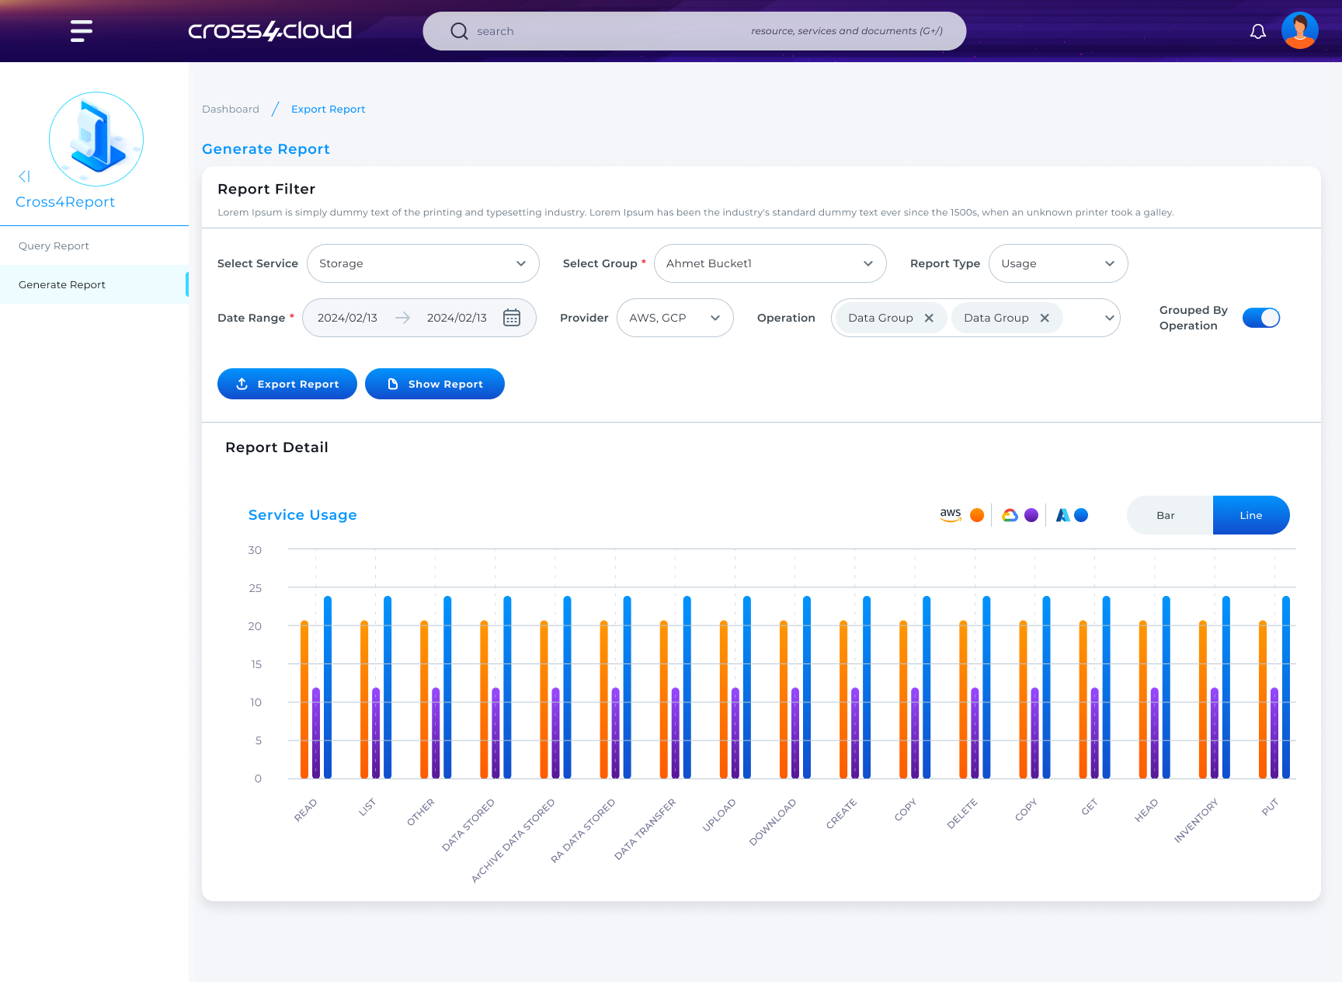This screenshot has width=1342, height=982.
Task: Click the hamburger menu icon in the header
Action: coord(82,31)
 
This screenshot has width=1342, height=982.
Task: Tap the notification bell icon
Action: coord(1257,31)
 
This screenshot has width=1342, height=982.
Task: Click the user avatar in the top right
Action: coord(1299,31)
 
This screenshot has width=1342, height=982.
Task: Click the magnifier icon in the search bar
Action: coord(459,31)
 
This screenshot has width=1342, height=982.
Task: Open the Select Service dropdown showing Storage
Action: coord(422,263)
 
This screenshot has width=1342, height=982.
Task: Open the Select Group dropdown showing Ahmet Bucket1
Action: coord(769,263)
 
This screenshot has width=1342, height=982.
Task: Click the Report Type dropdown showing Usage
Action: coord(1057,263)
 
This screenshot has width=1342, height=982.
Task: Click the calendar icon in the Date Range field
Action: coord(511,318)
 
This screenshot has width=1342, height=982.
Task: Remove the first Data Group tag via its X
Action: coord(929,318)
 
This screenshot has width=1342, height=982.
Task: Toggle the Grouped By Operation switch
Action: coord(1260,318)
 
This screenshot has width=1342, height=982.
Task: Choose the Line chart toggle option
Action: coord(1250,515)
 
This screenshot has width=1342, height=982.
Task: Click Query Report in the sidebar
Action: coord(54,245)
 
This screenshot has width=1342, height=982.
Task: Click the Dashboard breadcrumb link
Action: coord(231,109)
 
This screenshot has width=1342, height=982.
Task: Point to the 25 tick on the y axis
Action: coord(256,588)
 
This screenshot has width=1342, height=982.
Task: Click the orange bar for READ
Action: coord(304,699)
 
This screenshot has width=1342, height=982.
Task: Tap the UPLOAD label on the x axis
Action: coord(718,815)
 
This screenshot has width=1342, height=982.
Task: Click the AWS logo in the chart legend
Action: coord(951,514)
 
